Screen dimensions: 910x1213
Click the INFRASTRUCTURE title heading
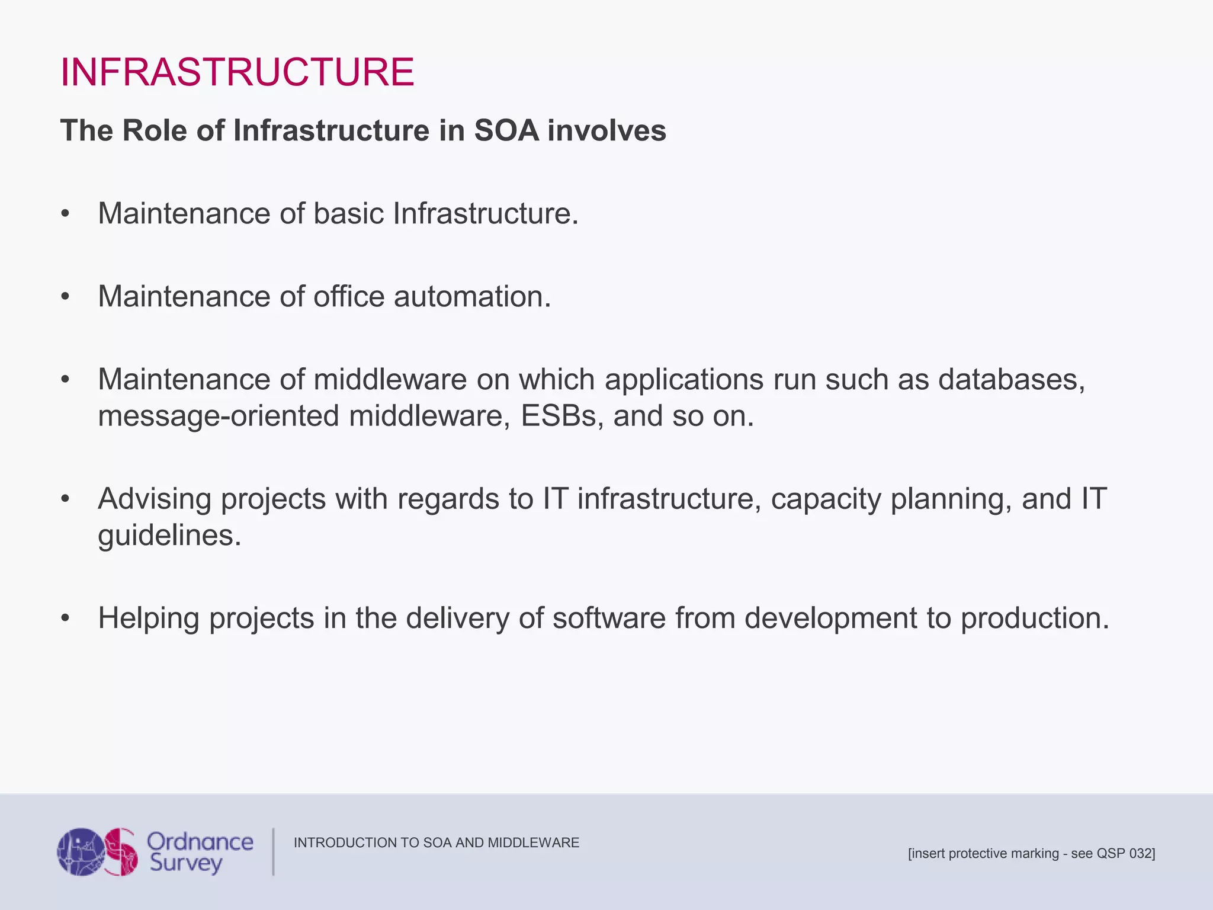click(x=237, y=72)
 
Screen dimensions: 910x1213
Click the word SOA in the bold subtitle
click(x=506, y=130)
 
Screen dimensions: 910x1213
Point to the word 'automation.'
click(x=472, y=296)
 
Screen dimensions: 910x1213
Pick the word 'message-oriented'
click(x=219, y=416)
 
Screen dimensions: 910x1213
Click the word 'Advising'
click(x=155, y=499)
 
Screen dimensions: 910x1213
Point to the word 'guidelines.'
click(x=169, y=536)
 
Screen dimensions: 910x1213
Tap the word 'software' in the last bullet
click(x=609, y=618)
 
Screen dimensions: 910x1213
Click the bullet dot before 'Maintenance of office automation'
click(x=65, y=297)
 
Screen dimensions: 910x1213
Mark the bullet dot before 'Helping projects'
click(x=65, y=619)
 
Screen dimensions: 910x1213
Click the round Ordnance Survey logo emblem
click(x=98, y=852)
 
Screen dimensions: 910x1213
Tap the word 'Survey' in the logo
click(x=185, y=863)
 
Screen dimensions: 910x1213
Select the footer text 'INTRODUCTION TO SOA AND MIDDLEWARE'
click(x=436, y=842)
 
